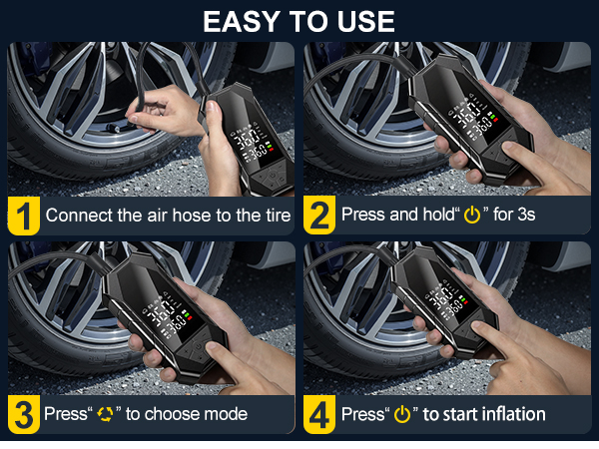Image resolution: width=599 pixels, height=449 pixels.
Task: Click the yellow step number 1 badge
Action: (x=24, y=215)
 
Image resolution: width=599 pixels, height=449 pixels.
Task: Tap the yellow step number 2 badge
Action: (x=319, y=215)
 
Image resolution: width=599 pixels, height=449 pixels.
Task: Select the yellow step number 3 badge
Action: (x=24, y=413)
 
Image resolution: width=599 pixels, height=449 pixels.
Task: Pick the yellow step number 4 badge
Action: (x=319, y=413)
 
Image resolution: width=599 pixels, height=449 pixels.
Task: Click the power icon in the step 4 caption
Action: (x=402, y=414)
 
